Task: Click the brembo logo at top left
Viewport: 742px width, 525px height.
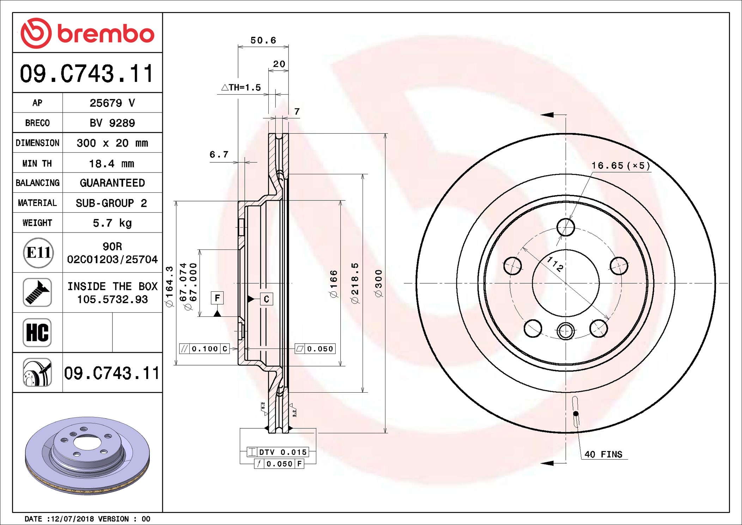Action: coord(87,33)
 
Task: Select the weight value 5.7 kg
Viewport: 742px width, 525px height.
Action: coord(112,223)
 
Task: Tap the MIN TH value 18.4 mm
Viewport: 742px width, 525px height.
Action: coord(111,164)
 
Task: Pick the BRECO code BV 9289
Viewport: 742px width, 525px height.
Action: coord(112,123)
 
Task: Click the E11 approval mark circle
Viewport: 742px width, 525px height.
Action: coord(38,253)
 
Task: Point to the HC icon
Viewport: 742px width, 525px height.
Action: coord(37,332)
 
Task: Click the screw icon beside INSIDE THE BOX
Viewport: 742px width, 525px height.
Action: coord(37,292)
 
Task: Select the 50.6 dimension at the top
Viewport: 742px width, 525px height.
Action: coord(263,40)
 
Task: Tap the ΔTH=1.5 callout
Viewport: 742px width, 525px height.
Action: coord(241,87)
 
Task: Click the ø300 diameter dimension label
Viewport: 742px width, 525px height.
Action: coord(379,283)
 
